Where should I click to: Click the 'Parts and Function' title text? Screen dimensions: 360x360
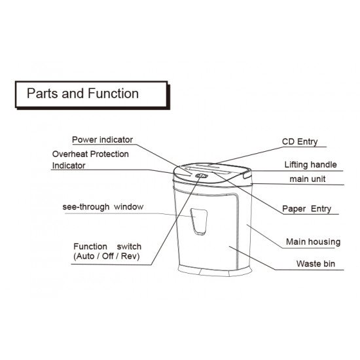click(82, 94)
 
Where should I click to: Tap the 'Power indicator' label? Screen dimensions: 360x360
click(102, 139)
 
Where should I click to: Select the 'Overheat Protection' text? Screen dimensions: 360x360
click(90, 154)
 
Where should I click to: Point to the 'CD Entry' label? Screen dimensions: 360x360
click(300, 141)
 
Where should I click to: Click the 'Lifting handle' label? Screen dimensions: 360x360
click(311, 164)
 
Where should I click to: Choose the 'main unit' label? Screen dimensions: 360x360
click(308, 179)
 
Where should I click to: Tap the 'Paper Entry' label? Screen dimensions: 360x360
click(306, 209)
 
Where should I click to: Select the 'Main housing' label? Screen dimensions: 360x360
click(313, 242)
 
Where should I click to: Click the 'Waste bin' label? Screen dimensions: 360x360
click(315, 264)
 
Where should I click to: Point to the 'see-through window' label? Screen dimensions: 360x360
click(103, 207)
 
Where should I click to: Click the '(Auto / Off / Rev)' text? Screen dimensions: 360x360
click(107, 256)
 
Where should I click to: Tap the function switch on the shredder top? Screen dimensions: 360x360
click(202, 176)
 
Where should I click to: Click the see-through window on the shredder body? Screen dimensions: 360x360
click(199, 221)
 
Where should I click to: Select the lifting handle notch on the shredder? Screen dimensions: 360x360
click(247, 174)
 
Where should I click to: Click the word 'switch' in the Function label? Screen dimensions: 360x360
click(129, 247)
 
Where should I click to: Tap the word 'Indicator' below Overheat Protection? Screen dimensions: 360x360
click(69, 166)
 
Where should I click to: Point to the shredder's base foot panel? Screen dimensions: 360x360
click(215, 270)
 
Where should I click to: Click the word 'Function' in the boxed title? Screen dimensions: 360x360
click(113, 94)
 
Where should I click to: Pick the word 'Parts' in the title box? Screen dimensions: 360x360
click(43, 94)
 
